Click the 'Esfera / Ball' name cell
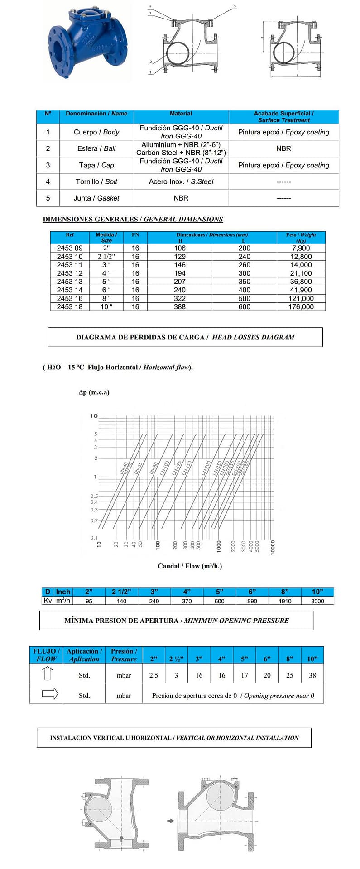[x=96, y=148]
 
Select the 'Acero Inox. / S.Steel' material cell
[x=181, y=181]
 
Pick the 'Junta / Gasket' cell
[x=96, y=198]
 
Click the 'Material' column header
[x=181, y=114]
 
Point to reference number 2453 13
[x=70, y=282]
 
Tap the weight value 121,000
[x=301, y=298]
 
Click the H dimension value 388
[x=180, y=307]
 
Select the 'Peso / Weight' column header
[x=301, y=237]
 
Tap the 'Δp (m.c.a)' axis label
[x=94, y=392]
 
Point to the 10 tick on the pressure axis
[x=94, y=416]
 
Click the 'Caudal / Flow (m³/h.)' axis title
[x=190, y=566]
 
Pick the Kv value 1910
[x=285, y=601]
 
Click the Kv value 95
[x=89, y=601]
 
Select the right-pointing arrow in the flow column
[x=49, y=693]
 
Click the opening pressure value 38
[x=312, y=675]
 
